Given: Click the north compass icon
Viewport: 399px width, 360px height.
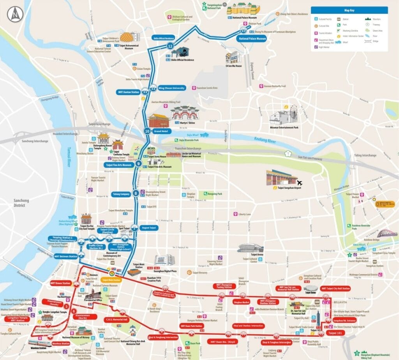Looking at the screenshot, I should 15,14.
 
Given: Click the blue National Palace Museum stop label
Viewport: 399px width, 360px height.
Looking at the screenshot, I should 252,39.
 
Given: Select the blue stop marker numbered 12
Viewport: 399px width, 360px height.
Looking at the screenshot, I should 170,46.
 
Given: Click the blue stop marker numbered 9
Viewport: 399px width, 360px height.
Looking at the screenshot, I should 139,164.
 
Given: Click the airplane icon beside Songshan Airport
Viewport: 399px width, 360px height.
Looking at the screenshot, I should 300,183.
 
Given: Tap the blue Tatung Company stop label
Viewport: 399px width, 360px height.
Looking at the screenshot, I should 121,193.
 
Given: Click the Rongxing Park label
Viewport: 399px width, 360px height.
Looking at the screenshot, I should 214,194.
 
